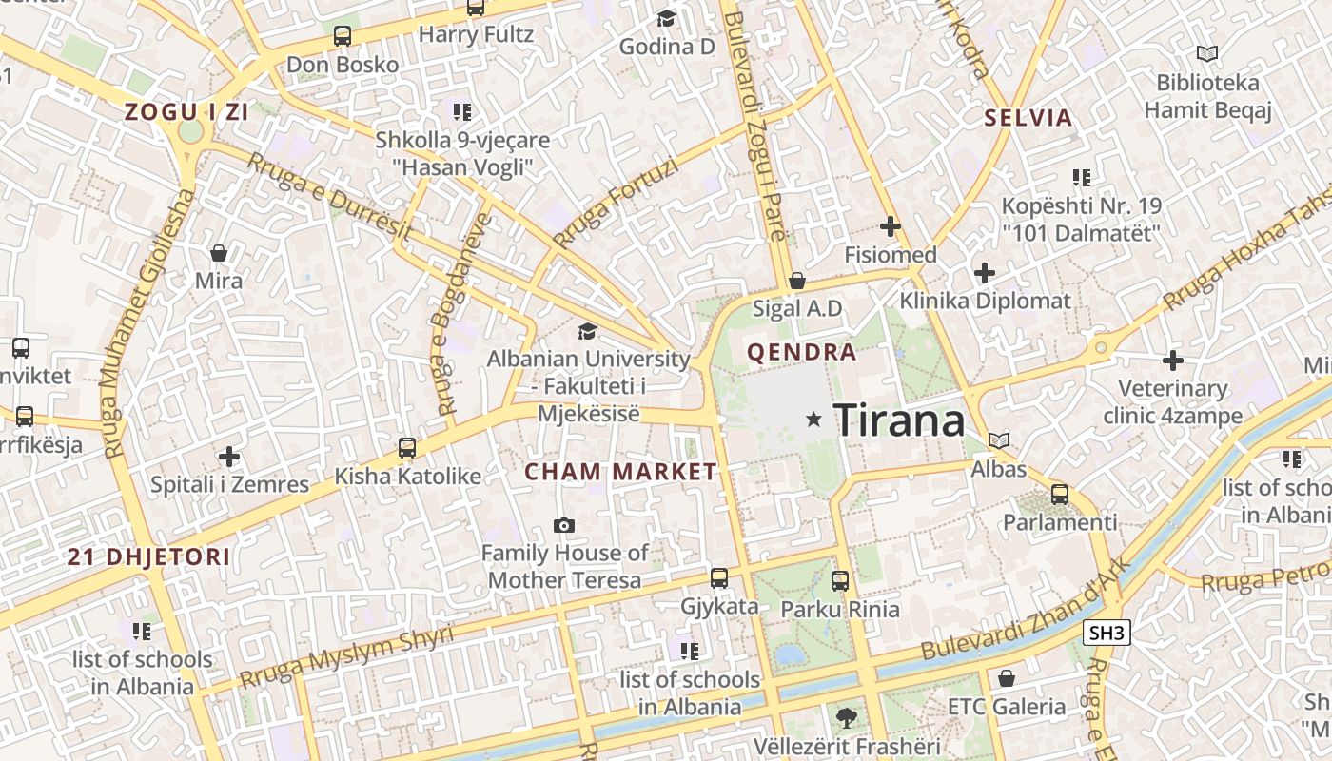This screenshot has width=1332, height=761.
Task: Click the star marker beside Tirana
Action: coord(813,419)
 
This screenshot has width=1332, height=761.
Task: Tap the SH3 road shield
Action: coord(1107,633)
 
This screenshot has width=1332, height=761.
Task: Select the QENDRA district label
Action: coord(802,353)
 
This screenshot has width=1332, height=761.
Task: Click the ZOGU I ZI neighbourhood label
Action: coord(186,112)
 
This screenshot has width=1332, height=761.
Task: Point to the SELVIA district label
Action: coord(1028,119)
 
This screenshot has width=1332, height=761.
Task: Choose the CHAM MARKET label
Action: coord(620,472)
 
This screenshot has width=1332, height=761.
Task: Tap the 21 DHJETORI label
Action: coord(148,556)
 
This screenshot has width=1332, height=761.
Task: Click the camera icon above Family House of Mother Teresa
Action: coord(564,525)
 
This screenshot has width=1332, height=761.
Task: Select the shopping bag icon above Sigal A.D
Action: coord(797,281)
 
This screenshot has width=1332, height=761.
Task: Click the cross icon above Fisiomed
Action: coord(891,226)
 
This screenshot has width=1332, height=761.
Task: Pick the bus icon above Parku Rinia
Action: coord(840,580)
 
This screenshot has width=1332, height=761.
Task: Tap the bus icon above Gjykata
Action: coord(719,577)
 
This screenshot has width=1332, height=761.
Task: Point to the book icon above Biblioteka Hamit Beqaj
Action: coord(1207,54)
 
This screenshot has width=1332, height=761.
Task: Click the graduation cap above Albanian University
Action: coord(588,331)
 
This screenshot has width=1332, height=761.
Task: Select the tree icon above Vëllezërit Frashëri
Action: coord(845,717)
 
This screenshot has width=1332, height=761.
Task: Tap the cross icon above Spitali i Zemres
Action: coord(229,457)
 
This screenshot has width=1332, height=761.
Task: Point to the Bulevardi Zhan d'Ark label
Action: coord(1028,610)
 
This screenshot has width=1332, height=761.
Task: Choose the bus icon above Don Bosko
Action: coord(343,36)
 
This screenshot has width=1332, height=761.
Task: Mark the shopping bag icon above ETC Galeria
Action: coord(1007,678)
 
